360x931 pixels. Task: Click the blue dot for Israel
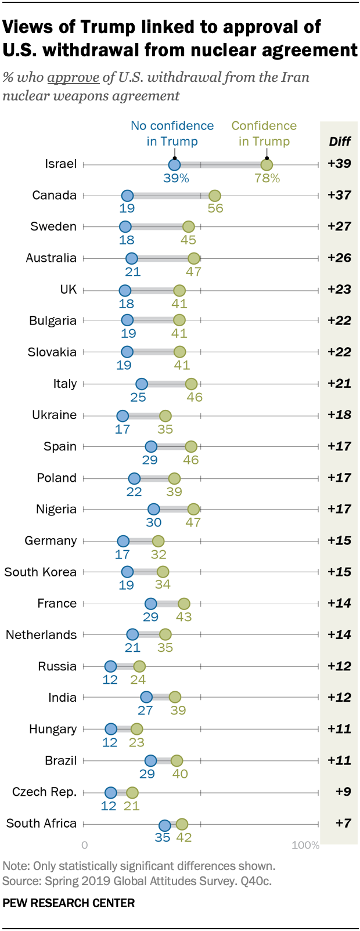(174, 165)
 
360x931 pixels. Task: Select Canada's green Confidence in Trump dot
(214, 196)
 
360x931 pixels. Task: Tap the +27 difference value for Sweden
(339, 226)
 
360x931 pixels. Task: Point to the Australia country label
(51, 258)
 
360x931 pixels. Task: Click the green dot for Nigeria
(193, 509)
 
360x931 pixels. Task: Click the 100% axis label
(305, 845)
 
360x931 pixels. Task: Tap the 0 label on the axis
(85, 845)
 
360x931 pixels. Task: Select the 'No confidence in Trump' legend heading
(172, 133)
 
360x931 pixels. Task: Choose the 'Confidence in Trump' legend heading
(264, 133)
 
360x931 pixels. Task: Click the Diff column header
(340, 142)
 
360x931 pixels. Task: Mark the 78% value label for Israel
(267, 179)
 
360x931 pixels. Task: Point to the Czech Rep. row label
(45, 792)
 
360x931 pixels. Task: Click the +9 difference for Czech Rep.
(343, 792)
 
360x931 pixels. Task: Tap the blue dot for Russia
(110, 666)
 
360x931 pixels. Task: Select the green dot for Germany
(158, 541)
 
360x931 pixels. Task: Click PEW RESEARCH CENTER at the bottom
(69, 903)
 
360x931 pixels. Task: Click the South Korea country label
(41, 572)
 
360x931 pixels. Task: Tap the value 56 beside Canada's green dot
(215, 208)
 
